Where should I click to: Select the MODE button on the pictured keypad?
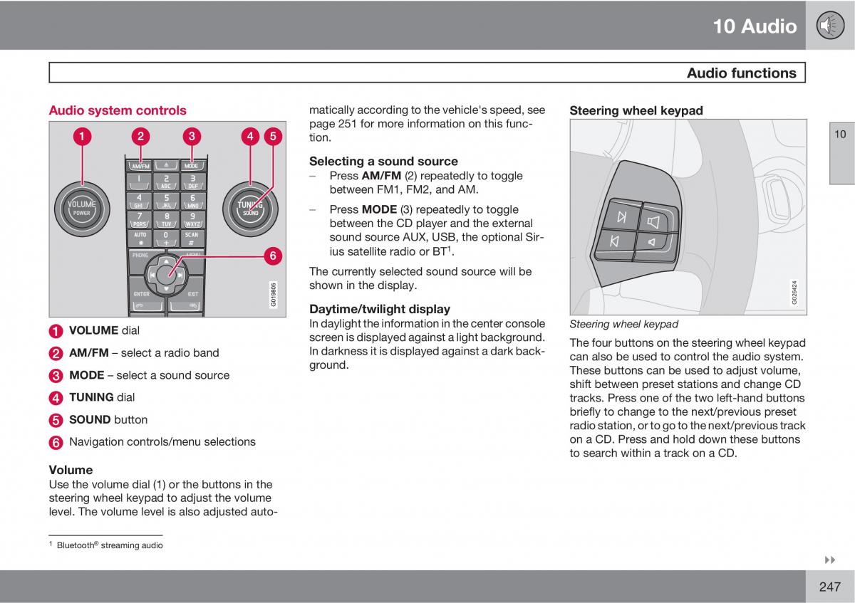[x=191, y=165]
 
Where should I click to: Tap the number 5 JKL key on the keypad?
[x=166, y=200]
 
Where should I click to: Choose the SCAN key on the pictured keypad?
[x=192, y=237]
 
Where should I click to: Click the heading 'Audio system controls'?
[x=118, y=110]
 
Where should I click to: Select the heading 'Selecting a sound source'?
[x=383, y=161]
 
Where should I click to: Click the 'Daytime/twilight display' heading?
[x=380, y=309]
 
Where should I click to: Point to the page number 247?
[x=830, y=587]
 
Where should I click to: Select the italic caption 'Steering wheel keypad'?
[x=623, y=324]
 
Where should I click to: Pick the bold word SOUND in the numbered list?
[x=90, y=419]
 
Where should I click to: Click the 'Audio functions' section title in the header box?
[x=742, y=73]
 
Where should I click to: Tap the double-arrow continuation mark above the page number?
[x=829, y=560]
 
